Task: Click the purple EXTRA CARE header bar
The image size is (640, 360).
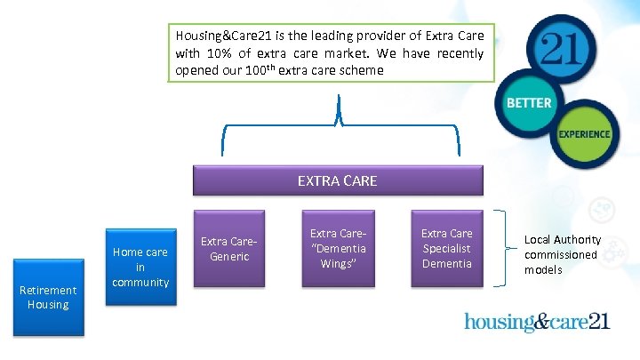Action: (337, 180)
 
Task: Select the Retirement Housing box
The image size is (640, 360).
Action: (48, 298)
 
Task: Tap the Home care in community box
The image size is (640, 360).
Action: (140, 267)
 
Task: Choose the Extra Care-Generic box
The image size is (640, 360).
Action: (229, 249)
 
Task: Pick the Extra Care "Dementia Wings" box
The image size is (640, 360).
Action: (337, 249)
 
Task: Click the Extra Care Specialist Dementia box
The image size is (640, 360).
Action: (446, 249)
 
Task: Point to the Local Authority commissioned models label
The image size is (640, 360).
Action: (562, 254)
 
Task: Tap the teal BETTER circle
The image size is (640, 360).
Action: (529, 103)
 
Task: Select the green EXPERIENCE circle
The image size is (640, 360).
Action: (584, 134)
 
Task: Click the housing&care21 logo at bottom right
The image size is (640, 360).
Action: (537, 321)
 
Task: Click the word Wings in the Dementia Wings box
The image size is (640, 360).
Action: (337, 264)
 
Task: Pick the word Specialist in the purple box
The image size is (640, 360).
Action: (446, 249)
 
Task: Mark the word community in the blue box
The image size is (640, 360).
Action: (140, 283)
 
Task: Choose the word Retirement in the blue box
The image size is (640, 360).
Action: (48, 290)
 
